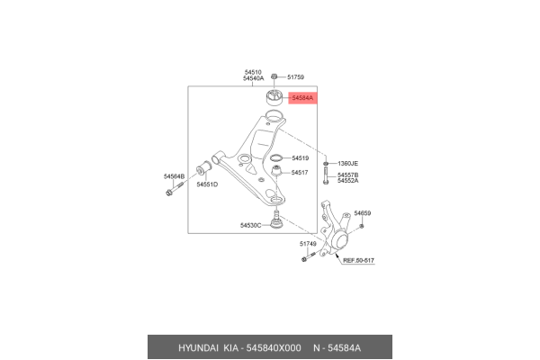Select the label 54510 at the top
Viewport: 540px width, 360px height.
pos(252,71)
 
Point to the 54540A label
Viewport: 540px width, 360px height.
pos(253,79)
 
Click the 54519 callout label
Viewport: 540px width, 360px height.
pos(300,157)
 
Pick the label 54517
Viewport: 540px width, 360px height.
pos(300,172)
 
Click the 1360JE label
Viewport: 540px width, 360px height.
pos(347,164)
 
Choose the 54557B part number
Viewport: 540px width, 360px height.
pos(347,175)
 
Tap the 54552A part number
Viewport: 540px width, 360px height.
pos(347,181)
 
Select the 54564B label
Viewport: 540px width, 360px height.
pos(174,176)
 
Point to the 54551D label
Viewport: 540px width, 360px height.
pos(208,184)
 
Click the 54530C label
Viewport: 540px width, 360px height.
pos(250,225)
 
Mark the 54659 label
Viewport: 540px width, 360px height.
pos(362,213)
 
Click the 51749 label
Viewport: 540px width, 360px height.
pos(308,244)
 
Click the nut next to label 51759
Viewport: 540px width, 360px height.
pos(274,77)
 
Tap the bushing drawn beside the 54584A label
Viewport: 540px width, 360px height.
pos(273,97)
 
